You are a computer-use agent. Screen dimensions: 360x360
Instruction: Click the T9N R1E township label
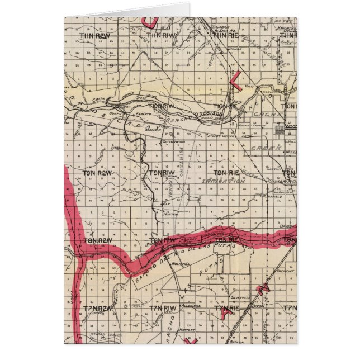(225, 173)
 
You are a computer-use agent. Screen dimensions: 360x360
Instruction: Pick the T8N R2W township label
(98, 240)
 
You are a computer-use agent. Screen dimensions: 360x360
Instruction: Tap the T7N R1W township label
(163, 308)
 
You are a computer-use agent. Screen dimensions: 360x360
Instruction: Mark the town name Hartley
(187, 330)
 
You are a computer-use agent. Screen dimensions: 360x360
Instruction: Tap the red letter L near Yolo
(235, 80)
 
